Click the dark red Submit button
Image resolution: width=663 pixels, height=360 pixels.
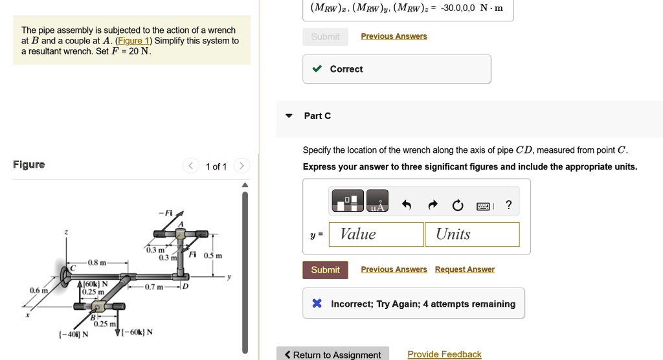coord(325,270)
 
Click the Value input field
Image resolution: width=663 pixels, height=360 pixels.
coord(376,234)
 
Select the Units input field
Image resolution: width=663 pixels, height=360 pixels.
coord(472,234)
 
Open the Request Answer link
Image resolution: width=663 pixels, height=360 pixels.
coord(464,269)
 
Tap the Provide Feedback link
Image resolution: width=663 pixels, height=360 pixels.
coord(444,354)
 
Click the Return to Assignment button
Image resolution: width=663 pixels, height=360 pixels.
coord(333,355)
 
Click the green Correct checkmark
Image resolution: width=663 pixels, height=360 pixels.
coord(316,69)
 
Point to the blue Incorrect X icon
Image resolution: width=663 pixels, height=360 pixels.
coord(317,304)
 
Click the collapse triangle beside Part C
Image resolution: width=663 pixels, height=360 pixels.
coord(289,116)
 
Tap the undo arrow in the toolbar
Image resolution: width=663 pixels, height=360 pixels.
coord(407,206)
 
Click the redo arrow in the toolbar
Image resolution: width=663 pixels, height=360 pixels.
coord(433,206)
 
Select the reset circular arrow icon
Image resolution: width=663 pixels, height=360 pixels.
coord(458,206)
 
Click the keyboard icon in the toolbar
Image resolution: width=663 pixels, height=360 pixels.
coord(483,207)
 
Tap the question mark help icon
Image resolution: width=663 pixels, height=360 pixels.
coord(508,206)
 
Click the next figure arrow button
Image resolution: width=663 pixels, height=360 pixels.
coord(241,166)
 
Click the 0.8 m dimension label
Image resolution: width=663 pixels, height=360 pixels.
coord(98,263)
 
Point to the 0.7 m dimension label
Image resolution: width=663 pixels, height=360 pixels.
coord(154,286)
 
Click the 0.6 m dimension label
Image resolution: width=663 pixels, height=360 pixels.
coord(38,291)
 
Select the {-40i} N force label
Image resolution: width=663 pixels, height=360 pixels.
coord(73,334)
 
